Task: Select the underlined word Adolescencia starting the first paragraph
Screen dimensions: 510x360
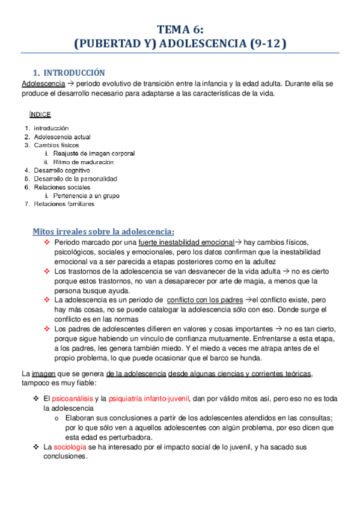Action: click(41, 83)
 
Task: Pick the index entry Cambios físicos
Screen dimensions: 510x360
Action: click(56, 145)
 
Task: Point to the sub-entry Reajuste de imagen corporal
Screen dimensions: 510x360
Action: click(93, 153)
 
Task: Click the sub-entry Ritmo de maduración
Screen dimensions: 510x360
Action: click(83, 162)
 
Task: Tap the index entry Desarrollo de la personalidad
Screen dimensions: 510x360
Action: click(75, 179)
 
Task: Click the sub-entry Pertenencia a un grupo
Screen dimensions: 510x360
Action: click(85, 195)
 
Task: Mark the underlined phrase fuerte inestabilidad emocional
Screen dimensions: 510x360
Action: click(186, 242)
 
